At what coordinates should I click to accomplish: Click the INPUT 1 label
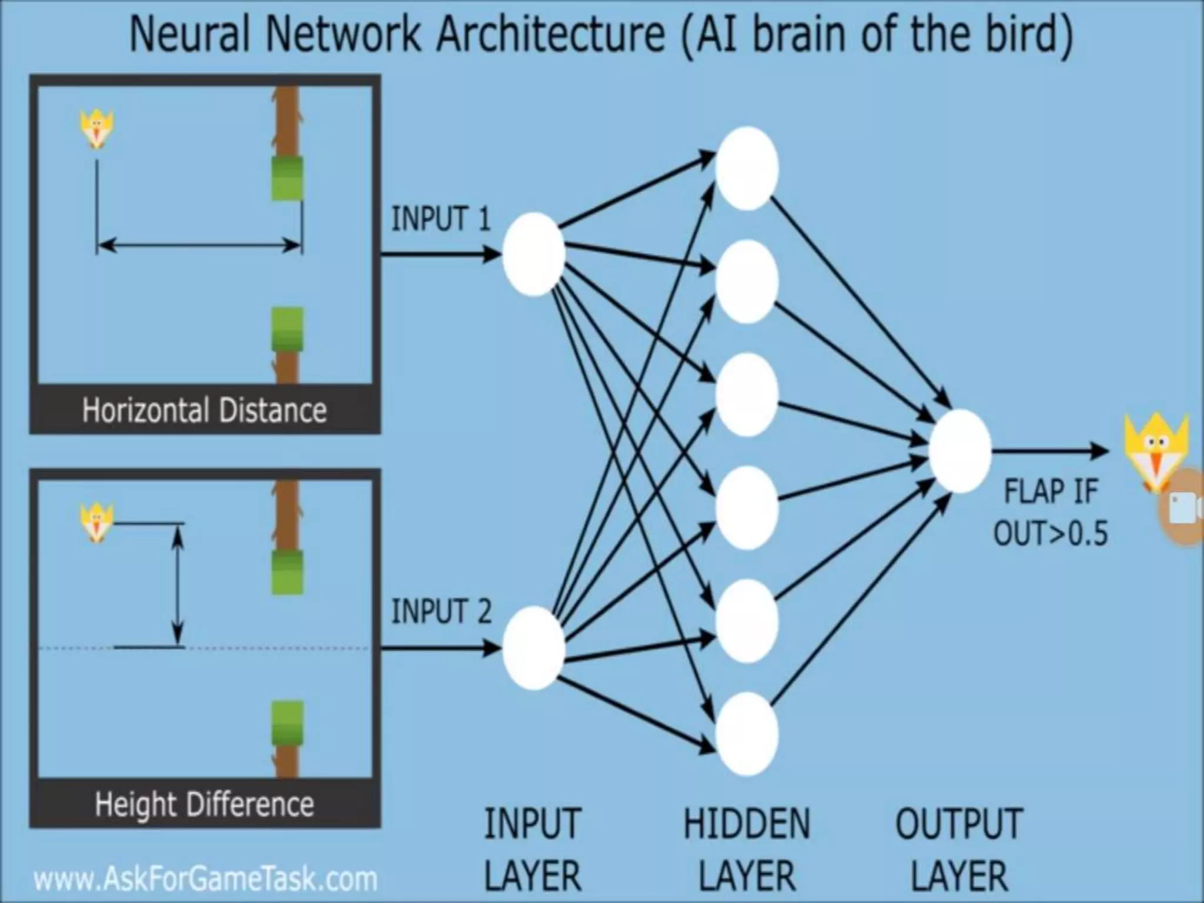[x=440, y=219]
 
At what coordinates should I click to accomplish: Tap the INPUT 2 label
[x=441, y=611]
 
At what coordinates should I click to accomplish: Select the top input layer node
[x=533, y=254]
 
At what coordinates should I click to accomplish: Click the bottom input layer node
[x=533, y=648]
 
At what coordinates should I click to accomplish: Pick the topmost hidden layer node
[x=747, y=168]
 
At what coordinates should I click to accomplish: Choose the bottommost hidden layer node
[x=747, y=734]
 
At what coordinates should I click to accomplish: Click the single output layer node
[x=959, y=451]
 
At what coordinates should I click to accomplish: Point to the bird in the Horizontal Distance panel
[x=97, y=130]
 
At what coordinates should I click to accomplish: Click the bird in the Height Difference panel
[x=97, y=523]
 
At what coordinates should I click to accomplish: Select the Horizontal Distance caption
[x=204, y=410]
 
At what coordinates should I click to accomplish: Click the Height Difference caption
[x=204, y=804]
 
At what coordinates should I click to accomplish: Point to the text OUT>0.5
[x=1050, y=534]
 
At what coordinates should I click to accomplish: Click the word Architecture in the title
[x=550, y=34]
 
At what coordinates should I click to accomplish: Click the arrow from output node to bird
[x=1049, y=451]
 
